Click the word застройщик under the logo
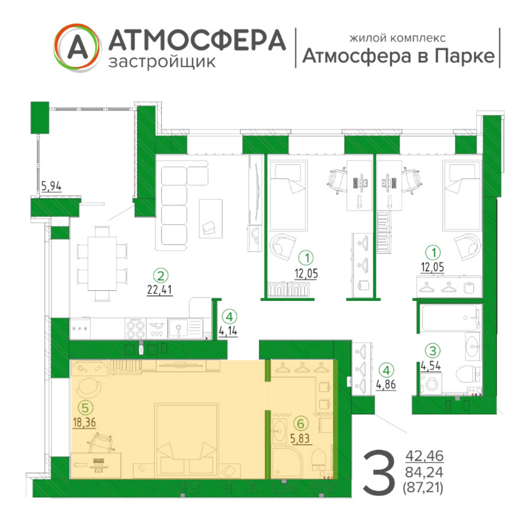[162, 62]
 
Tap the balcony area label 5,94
[51, 186]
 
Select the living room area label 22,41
[160, 290]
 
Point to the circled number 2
[161, 275]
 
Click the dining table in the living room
[102, 263]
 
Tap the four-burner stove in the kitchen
[136, 329]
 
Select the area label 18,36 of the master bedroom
[85, 422]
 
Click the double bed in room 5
[186, 441]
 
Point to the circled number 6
[301, 424]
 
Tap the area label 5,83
[300, 439]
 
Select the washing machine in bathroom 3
[431, 384]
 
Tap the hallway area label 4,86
[386, 384]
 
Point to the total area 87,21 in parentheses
[423, 488]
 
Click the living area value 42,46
[425, 457]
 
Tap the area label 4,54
[431, 366]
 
